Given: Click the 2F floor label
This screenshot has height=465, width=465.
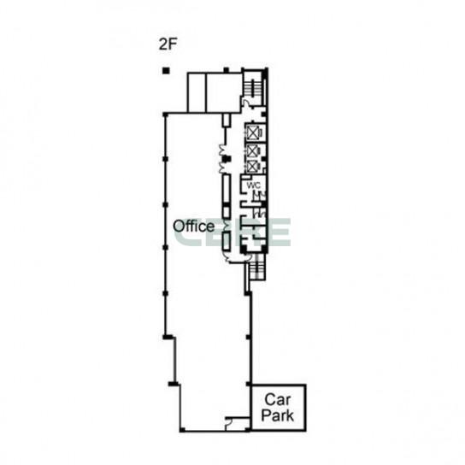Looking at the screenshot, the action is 168,44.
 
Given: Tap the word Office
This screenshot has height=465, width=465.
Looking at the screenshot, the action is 194,227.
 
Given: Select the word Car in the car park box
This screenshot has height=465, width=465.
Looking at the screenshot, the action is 278,399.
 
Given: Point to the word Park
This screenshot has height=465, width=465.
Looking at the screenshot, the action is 278,415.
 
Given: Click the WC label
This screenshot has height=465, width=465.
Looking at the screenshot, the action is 254,185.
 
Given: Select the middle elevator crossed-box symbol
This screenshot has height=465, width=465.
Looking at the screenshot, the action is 253,151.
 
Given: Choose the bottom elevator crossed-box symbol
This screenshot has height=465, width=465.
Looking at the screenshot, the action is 252,167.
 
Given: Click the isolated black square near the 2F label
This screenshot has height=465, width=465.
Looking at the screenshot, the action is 166,71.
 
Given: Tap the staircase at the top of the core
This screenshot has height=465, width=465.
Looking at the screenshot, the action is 253,87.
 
